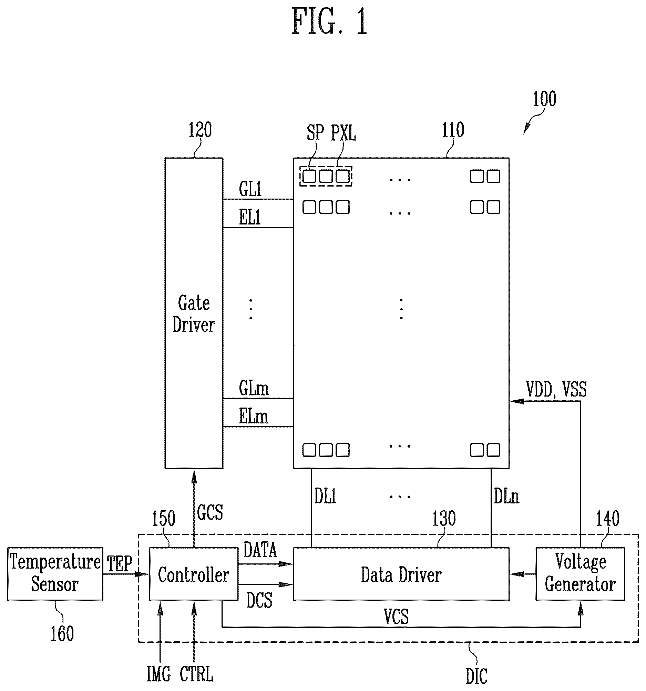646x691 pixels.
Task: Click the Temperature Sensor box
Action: pyautogui.click(x=55, y=574)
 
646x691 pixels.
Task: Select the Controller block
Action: pyautogui.click(x=194, y=574)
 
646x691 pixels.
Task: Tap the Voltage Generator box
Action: pyautogui.click(x=580, y=574)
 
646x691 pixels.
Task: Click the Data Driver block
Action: pyautogui.click(x=401, y=574)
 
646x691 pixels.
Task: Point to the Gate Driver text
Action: pyautogui.click(x=194, y=313)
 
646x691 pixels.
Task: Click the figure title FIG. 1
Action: pyautogui.click(x=329, y=21)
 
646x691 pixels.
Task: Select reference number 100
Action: pyautogui.click(x=545, y=99)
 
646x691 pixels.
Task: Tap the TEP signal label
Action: pyautogui.click(x=120, y=564)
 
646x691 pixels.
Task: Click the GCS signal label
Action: pyautogui.click(x=210, y=512)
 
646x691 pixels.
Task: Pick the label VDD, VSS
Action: pyautogui.click(x=556, y=389)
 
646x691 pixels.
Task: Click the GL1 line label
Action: pyautogui.click(x=250, y=189)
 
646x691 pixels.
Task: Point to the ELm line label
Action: pyautogui.click(x=254, y=416)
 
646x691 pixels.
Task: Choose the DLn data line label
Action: pyautogui.click(x=506, y=496)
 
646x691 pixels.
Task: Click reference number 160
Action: pyautogui.click(x=62, y=633)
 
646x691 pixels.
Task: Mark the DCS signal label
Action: pyautogui.click(x=259, y=600)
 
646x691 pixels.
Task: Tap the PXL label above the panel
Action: pyautogui.click(x=343, y=133)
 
